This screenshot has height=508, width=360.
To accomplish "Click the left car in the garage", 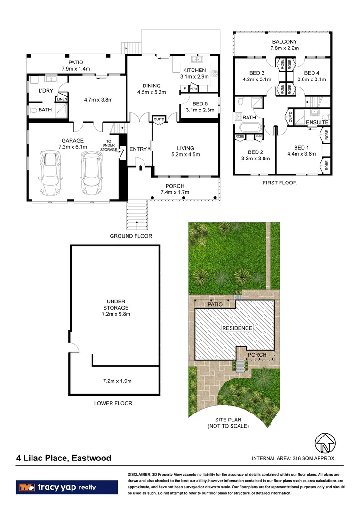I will pyautogui.click(x=50, y=173).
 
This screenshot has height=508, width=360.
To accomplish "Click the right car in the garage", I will pyautogui.click(x=91, y=173).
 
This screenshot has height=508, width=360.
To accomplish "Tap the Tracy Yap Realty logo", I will pyautogui.click(x=67, y=487).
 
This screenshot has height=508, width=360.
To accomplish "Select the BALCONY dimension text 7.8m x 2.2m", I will pyautogui.click(x=284, y=48).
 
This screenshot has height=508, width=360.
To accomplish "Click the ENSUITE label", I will pyautogui.click(x=317, y=122).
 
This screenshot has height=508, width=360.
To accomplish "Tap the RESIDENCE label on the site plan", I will pyautogui.click(x=237, y=328).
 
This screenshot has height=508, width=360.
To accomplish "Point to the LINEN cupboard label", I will pyautogui.click(x=62, y=99).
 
